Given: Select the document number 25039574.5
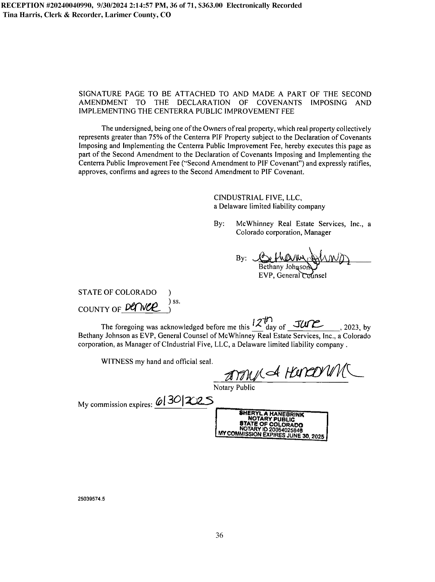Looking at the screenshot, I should click(91, 499).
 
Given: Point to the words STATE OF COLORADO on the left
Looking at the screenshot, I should click(117, 292).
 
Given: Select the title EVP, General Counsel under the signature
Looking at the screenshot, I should click(292, 275).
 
